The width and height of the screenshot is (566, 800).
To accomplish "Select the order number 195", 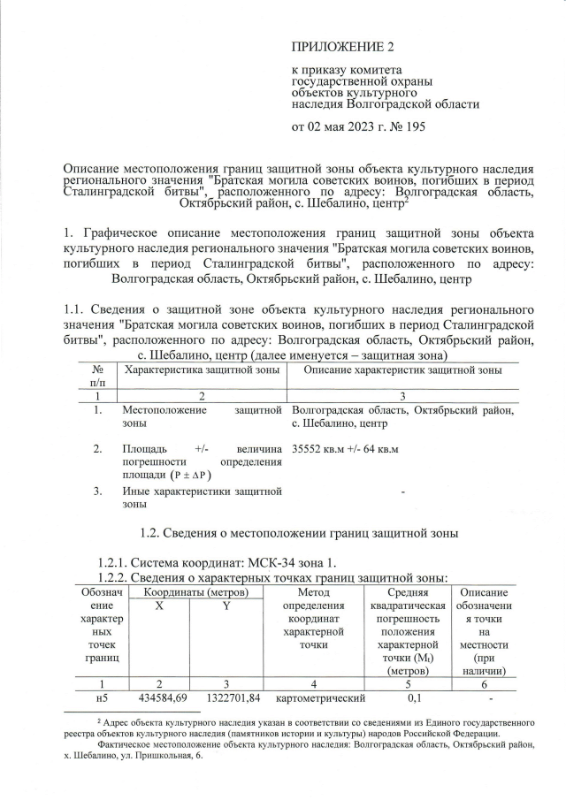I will (415, 126).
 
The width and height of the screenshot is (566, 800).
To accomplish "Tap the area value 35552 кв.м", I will (318, 449).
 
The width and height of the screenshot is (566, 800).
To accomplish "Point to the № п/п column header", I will (99, 375).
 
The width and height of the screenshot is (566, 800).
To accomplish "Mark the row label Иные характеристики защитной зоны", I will (201, 497).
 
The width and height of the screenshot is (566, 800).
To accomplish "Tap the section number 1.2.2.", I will (115, 577).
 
